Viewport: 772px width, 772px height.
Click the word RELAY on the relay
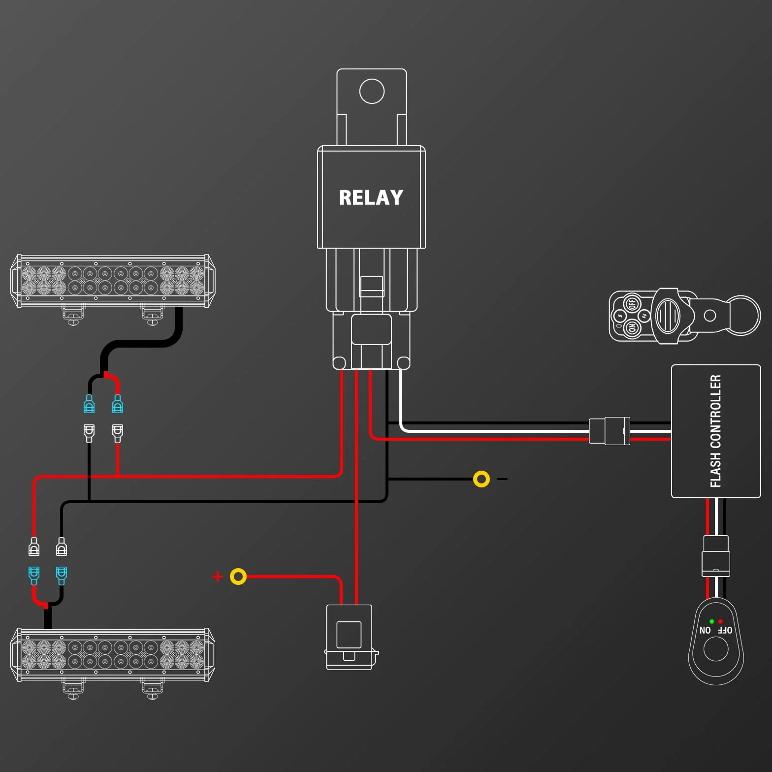[x=371, y=197]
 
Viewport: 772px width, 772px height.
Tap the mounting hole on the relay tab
[x=372, y=91]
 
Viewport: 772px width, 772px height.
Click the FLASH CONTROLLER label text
[x=715, y=431]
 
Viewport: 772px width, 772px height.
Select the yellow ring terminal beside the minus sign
[x=481, y=479]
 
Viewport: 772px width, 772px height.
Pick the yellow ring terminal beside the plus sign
[x=238, y=577]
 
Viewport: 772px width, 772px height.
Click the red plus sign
[x=218, y=577]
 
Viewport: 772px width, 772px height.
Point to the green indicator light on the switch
[x=711, y=621]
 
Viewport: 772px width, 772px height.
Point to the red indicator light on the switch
[x=720, y=621]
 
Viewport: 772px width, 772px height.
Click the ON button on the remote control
[x=632, y=327]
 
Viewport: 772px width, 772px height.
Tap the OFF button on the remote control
[x=632, y=303]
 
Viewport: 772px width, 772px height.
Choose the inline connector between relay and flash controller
[x=610, y=431]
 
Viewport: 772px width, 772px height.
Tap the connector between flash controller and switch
[x=715, y=556]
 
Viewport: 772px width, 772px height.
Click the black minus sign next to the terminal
[x=502, y=479]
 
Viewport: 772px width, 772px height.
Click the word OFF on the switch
[x=725, y=631]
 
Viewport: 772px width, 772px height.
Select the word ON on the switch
[x=705, y=631]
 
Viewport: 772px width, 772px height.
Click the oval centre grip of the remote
[x=668, y=316]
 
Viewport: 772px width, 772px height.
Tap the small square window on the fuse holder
[x=349, y=635]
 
